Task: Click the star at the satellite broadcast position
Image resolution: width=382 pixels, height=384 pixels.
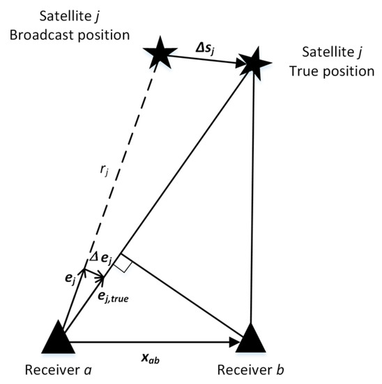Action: coord(157,54)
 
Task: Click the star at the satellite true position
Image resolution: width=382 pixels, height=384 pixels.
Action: coord(252,62)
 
